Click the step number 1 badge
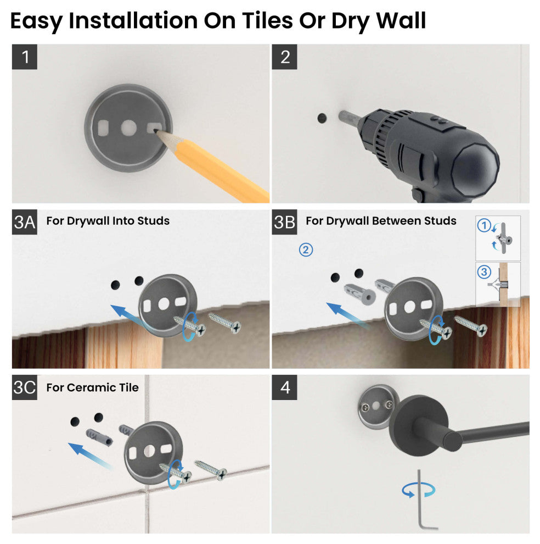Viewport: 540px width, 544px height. (25, 57)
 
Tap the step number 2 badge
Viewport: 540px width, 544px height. (285, 57)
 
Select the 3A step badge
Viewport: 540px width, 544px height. (25, 221)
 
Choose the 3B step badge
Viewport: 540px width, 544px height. (285, 221)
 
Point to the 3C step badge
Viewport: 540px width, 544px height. (25, 387)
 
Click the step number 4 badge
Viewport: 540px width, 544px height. (285, 387)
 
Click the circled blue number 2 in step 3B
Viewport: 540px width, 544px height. (306, 249)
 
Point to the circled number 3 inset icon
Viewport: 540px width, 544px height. (483, 271)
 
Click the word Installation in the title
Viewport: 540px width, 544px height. (135, 21)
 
